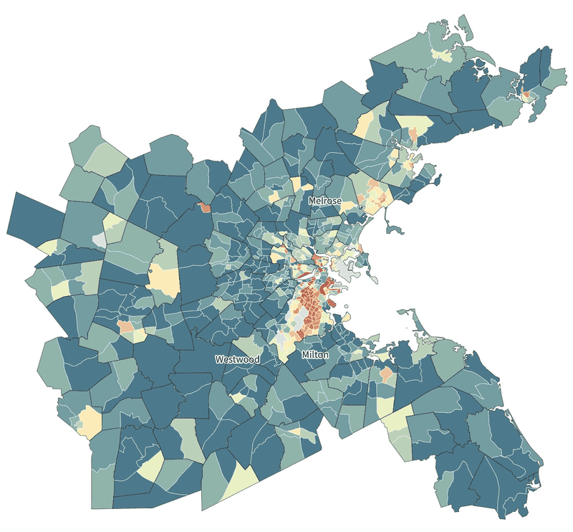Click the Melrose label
pos(325,201)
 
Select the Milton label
pos(315,355)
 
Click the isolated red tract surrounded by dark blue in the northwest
pos(206,208)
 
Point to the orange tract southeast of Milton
pos(386,374)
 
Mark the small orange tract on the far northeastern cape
pos(528,95)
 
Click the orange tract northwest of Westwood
pos(126,327)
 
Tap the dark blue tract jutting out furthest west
pos(36,215)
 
